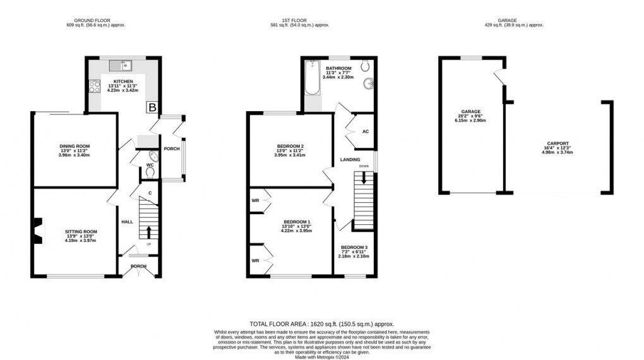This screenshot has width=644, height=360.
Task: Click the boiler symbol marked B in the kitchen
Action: (x=152, y=107)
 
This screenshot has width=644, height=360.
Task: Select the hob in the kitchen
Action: (x=95, y=85)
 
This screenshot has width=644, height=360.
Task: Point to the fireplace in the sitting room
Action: (x=39, y=231)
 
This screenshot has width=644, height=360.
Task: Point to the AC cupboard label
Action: (x=365, y=132)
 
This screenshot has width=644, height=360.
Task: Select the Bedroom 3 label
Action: (x=354, y=248)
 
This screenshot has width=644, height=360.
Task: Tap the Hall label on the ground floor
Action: (x=127, y=222)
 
